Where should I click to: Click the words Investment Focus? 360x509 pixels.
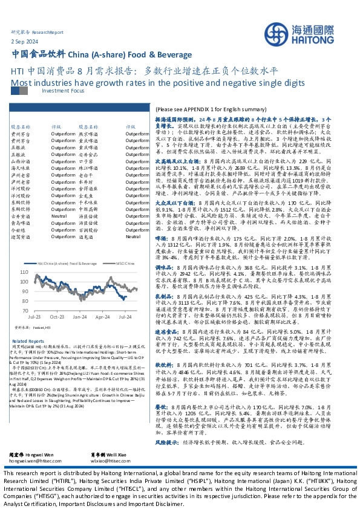[x=60, y=90]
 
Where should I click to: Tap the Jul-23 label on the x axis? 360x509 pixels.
[x=34, y=317]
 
